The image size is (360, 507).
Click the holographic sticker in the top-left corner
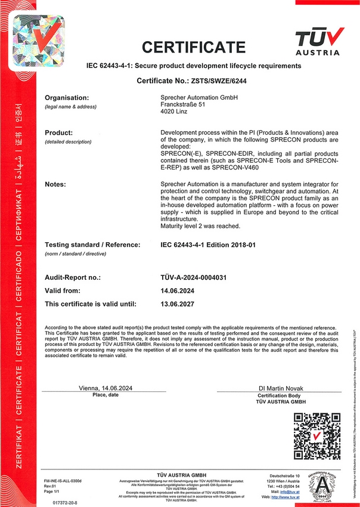click(38, 41)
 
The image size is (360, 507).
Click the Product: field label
click(59, 132)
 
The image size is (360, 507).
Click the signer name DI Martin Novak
click(280, 388)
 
